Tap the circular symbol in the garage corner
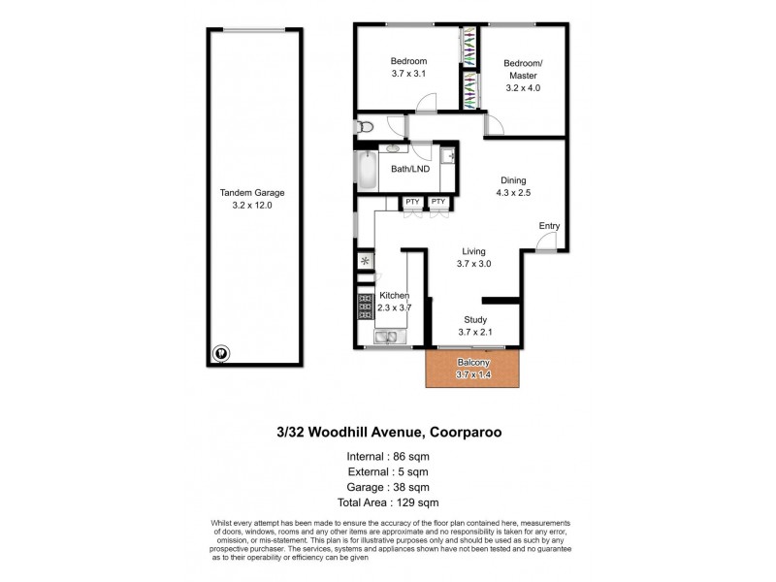point(221,354)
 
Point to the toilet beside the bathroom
point(366,127)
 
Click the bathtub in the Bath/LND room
point(367,172)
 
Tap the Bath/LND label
point(409,169)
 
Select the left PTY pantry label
point(412,202)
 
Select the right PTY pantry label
point(438,202)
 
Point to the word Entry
point(550,226)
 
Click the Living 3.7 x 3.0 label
point(473,257)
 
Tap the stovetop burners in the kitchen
point(367,307)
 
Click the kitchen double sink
point(386,338)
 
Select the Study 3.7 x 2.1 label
point(473,326)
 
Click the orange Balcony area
point(474,368)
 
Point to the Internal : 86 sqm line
point(387,456)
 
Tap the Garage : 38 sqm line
point(387,487)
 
